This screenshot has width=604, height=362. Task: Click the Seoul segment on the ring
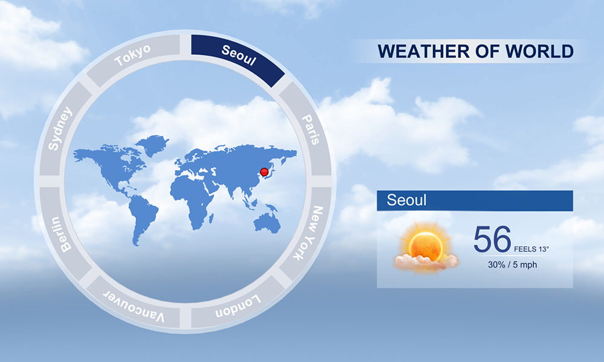tap(238, 56)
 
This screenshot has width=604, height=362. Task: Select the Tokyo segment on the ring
tap(133, 56)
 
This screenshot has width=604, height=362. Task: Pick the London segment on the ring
tap(238, 306)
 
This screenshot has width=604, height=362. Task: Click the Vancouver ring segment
tap(133, 306)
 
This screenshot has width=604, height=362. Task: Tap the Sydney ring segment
tap(61, 129)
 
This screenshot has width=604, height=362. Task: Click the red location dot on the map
tap(265, 172)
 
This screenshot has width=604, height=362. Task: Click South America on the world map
tap(142, 219)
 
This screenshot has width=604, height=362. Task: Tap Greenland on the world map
tap(153, 144)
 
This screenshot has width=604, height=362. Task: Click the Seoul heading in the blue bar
tap(406, 200)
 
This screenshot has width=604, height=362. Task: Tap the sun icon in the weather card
tap(426, 247)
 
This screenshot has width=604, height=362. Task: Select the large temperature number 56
tap(492, 240)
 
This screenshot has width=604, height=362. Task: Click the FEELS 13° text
tap(531, 249)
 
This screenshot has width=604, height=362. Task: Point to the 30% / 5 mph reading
tap(512, 265)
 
